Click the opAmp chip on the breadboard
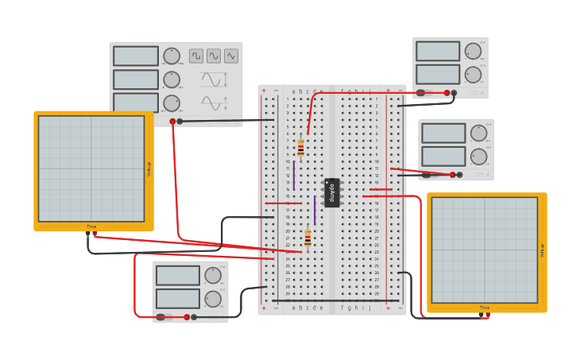332,192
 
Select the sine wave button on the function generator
214,56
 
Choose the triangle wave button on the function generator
231,56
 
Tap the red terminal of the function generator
172,122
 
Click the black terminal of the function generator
180,122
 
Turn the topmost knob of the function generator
172,56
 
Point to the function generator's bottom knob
172,103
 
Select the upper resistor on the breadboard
300,148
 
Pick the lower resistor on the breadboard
307,238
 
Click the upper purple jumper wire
294,175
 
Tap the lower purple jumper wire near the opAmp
315,210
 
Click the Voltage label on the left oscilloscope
149,168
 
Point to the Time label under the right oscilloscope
484,308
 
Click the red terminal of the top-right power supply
446,93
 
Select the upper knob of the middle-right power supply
477,133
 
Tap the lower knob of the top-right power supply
473,75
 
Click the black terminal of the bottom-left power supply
194,316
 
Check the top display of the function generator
136,56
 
